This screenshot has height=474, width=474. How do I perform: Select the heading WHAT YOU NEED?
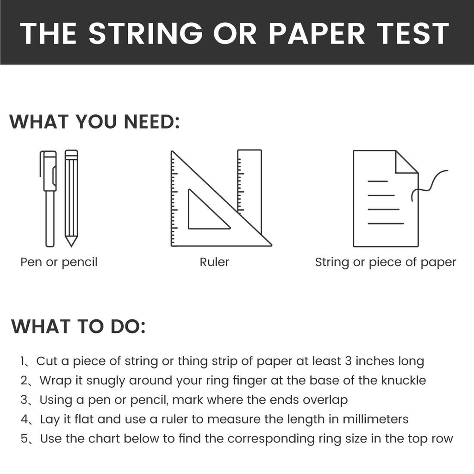pos(94,122)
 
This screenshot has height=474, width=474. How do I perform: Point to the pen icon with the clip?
pos(49,199)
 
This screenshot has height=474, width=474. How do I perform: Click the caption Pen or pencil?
pos(59,262)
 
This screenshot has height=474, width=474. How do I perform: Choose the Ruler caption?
pos(214,262)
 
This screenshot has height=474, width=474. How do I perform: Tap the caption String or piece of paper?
pos(386,262)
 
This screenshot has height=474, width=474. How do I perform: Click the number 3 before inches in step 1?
pos(348,361)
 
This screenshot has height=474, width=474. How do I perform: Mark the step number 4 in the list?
pos(24,419)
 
